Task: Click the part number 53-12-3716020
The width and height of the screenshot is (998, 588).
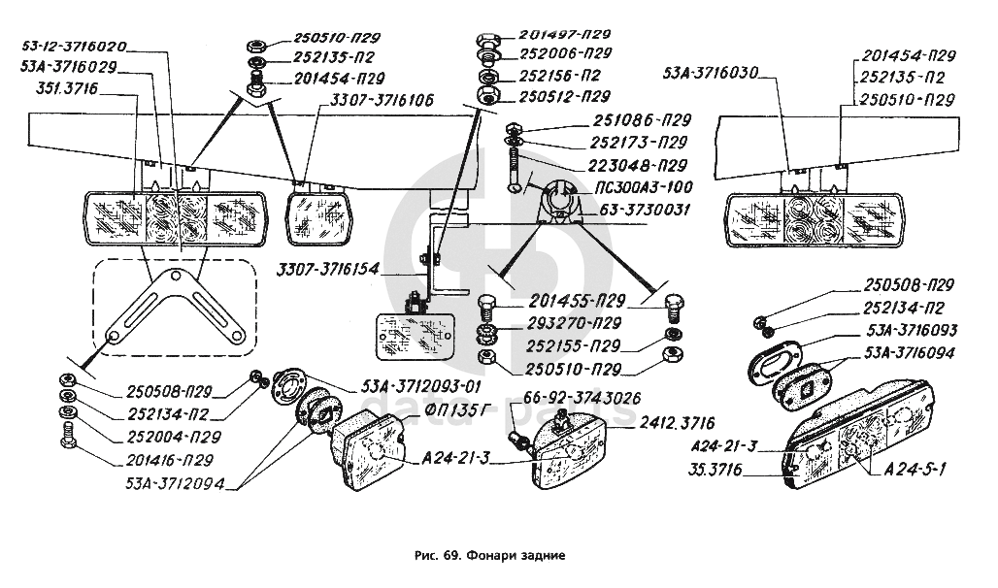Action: coord(74,47)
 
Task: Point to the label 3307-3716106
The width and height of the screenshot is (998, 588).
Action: coord(382,100)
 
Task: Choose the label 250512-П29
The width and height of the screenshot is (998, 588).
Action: coord(564,96)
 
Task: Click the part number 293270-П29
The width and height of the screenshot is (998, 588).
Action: coord(576,322)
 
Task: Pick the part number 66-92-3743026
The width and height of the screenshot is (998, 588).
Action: coord(568,398)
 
